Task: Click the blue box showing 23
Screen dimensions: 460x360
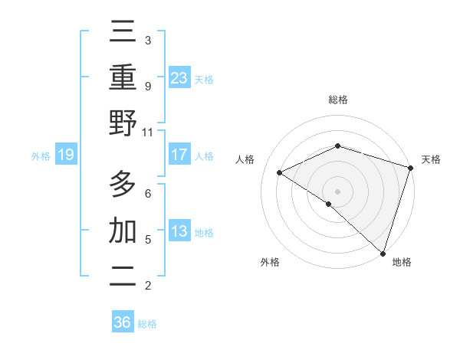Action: pyautogui.click(x=179, y=77)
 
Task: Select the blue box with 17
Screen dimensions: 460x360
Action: pyautogui.click(x=179, y=155)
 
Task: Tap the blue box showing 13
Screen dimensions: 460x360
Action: pyautogui.click(x=179, y=231)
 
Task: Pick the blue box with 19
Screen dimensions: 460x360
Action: pyautogui.click(x=65, y=155)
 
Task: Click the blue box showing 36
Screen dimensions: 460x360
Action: pyautogui.click(x=122, y=322)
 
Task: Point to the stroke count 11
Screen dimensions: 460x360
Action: pyautogui.click(x=147, y=132)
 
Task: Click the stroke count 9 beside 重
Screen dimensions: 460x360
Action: pyautogui.click(x=147, y=86)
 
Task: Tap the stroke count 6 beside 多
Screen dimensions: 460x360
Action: pyautogui.click(x=147, y=193)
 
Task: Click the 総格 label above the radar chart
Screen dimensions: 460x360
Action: pyautogui.click(x=337, y=100)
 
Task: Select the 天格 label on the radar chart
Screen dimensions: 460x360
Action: pyautogui.click(x=431, y=159)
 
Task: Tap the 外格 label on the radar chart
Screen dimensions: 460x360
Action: pyautogui.click(x=270, y=263)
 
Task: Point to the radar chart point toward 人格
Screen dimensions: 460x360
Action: pyautogui.click(x=280, y=172)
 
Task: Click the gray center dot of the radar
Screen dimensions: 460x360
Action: pyautogui.click(x=337, y=191)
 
